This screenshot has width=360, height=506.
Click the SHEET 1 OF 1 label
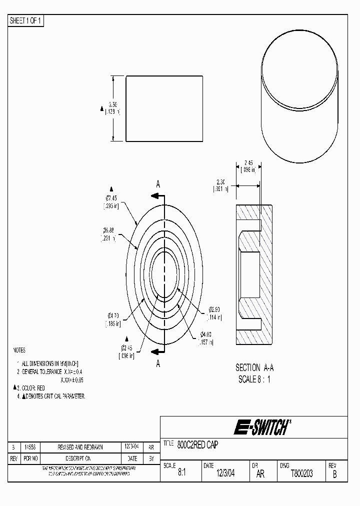pyautogui.click(x=25, y=20)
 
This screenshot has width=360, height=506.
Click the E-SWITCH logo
pyautogui.click(x=261, y=427)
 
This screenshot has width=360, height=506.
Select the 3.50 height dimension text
pyautogui.click(x=113, y=105)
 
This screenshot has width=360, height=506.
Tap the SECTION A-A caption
pyautogui.click(x=254, y=367)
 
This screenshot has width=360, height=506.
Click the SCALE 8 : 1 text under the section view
pyautogui.click(x=254, y=379)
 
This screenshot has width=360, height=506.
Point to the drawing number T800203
pyautogui.click(x=301, y=473)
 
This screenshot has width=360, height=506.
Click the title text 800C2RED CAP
pyautogui.click(x=197, y=444)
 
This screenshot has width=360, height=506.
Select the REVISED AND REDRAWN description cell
pyautogui.click(x=80, y=447)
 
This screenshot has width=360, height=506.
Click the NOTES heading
pyautogui.click(x=19, y=350)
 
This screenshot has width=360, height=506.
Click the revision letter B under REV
pyautogui.click(x=334, y=474)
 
